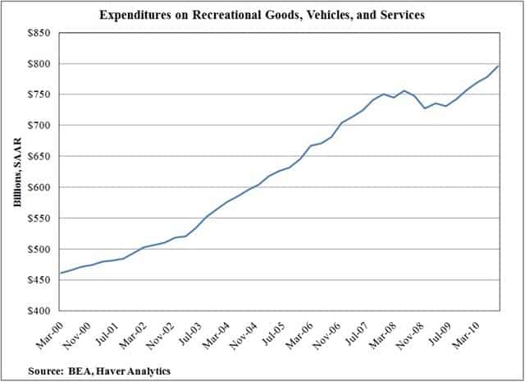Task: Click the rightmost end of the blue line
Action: pyautogui.click(x=498, y=66)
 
